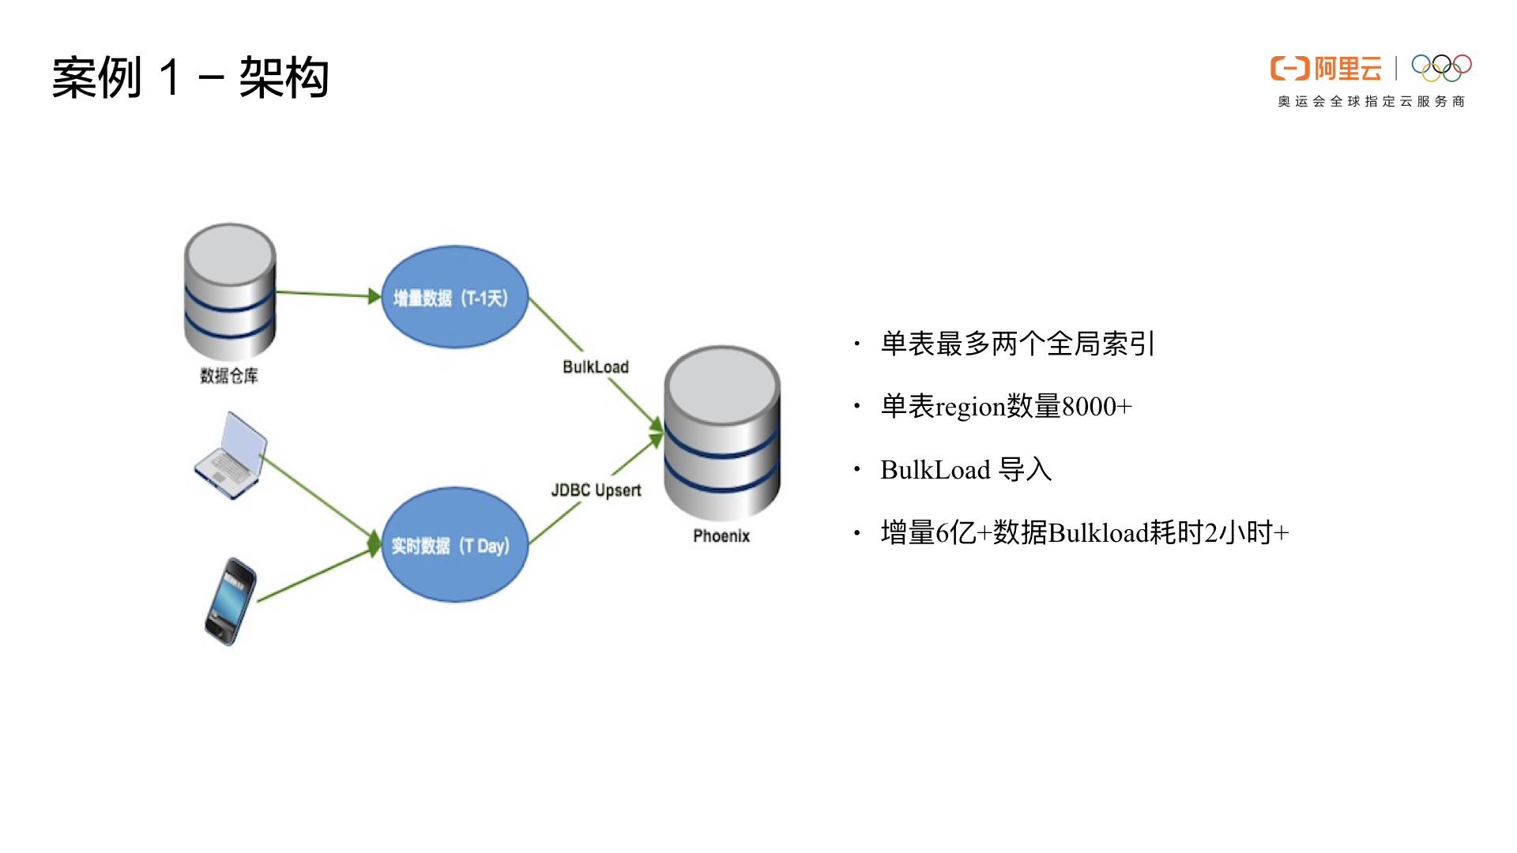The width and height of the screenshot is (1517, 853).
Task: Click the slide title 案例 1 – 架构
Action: pyautogui.click(x=190, y=77)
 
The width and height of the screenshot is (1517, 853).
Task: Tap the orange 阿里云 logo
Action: pyautogui.click(x=1326, y=69)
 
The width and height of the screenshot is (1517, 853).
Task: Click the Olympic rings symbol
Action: pyautogui.click(x=1441, y=68)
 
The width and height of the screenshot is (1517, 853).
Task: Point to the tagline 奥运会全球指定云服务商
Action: pyautogui.click(x=1371, y=102)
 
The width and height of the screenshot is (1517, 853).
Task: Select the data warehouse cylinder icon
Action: pyautogui.click(x=230, y=291)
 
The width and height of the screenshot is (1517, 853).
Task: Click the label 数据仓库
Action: pyautogui.click(x=229, y=376)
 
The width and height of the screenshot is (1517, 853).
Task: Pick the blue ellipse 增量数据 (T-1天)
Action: pyautogui.click(x=454, y=297)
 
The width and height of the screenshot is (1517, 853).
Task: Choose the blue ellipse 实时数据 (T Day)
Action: pyautogui.click(x=454, y=545)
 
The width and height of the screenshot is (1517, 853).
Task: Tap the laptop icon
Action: pyautogui.click(x=230, y=456)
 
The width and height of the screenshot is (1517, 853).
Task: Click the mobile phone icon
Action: pyautogui.click(x=230, y=601)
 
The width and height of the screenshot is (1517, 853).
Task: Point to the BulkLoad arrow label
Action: pyautogui.click(x=596, y=367)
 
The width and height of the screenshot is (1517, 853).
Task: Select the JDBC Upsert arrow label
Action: pyautogui.click(x=596, y=490)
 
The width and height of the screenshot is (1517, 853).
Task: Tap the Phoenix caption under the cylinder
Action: pyautogui.click(x=721, y=536)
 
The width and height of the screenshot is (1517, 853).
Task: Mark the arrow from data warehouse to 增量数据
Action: pyautogui.click(x=328, y=295)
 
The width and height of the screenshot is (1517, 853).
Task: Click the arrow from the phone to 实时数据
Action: pyautogui.click(x=316, y=575)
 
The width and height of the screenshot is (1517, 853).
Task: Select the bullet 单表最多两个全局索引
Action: pyautogui.click(x=1018, y=344)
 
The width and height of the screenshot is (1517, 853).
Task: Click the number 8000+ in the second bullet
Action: pyautogui.click(x=1097, y=408)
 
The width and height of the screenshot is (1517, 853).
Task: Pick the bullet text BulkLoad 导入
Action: pyautogui.click(x=966, y=470)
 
